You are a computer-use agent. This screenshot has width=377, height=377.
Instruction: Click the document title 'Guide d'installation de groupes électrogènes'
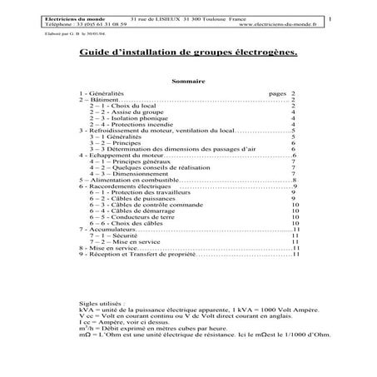tap(187, 53)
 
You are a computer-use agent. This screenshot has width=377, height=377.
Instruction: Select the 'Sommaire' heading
tap(187, 82)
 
